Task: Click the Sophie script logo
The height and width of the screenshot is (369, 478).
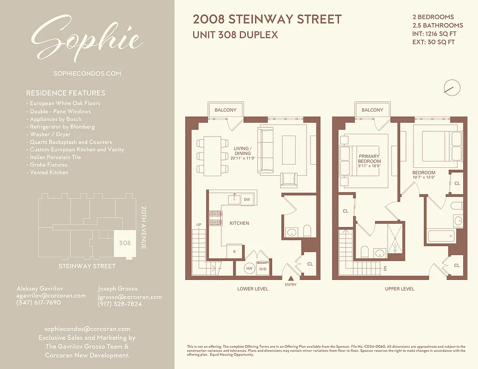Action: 87,39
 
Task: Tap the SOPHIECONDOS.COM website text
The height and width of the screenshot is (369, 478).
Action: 87,73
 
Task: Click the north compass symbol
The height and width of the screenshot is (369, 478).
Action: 452,87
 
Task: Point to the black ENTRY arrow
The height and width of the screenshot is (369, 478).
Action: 291,278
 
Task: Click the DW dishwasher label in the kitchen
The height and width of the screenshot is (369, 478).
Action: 247,200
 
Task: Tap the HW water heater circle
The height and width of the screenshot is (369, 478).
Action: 249,268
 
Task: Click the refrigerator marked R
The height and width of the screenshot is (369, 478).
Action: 235,252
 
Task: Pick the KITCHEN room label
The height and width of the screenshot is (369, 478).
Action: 239,223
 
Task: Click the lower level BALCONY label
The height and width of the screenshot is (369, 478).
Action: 225,110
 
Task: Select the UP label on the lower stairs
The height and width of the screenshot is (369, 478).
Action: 199,225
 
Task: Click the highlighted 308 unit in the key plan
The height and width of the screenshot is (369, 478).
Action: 124,243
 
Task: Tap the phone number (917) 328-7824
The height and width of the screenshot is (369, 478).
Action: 120,304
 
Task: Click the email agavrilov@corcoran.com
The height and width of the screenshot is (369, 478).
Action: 51,296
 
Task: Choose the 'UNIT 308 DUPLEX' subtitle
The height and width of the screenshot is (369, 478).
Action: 235,35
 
